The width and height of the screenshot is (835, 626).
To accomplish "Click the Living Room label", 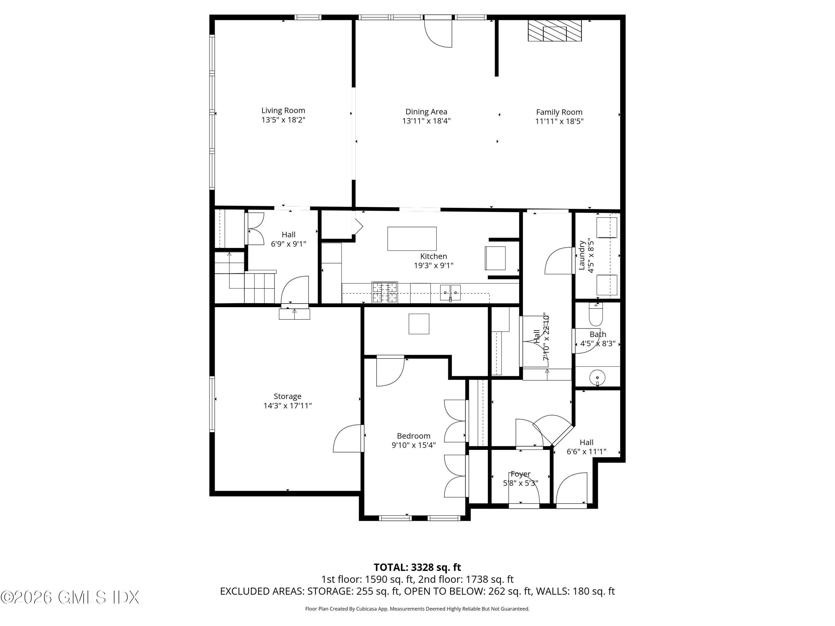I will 283,110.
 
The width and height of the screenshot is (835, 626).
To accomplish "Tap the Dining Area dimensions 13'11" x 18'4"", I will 426,121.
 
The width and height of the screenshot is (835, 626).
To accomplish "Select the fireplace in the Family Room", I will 554,31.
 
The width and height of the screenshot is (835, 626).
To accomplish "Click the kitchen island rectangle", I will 412,238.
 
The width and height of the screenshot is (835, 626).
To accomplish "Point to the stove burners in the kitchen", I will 385,292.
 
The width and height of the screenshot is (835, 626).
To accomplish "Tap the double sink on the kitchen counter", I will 450,292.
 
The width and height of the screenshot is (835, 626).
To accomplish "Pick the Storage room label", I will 287,396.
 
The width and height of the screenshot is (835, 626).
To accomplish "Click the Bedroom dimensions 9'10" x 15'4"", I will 413,445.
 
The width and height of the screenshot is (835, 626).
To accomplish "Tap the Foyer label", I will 520,474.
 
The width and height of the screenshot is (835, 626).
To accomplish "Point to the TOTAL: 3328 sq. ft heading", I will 417,567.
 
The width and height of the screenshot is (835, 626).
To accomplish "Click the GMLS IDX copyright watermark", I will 70,597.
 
